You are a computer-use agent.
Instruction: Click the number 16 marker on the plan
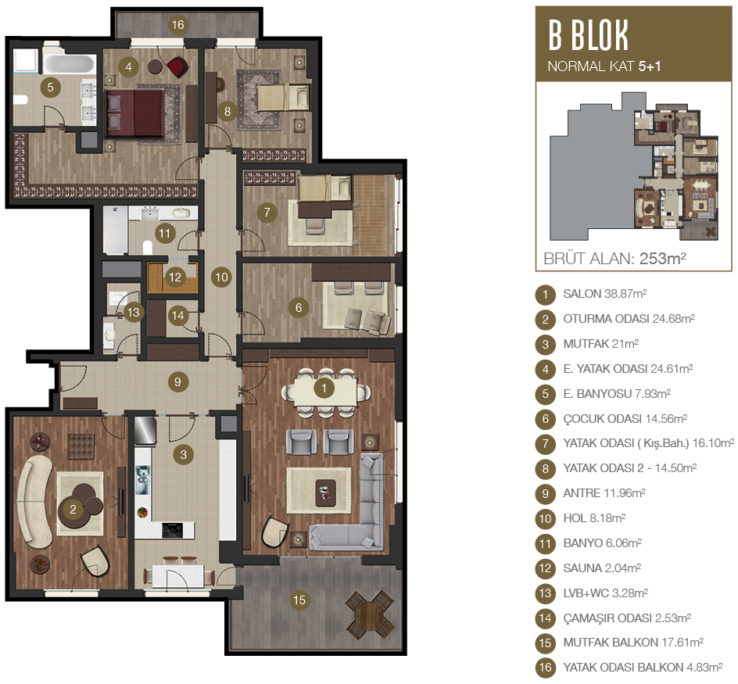pos(178,24)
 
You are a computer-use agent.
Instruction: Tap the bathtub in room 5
pos(69,64)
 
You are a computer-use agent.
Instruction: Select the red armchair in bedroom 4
pos(177,66)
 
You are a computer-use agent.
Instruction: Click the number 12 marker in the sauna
pos(175,278)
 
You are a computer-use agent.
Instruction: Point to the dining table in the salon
pos(326,392)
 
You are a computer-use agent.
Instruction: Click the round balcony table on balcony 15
pos(370,615)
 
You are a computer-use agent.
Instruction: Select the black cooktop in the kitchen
pos(172,530)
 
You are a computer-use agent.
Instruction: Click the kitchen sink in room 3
pos(142,480)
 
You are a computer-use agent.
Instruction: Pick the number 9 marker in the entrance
pos(177,381)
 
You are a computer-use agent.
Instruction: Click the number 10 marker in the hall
pos(222,278)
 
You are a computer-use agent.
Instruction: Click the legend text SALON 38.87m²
pos(605,294)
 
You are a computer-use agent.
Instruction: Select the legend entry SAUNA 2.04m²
pos(602,568)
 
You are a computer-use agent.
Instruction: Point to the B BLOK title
pos(589,35)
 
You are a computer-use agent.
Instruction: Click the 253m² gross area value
pos(663,259)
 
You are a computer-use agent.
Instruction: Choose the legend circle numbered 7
pos(546,444)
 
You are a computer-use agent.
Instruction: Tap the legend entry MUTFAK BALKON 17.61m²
pos(633,643)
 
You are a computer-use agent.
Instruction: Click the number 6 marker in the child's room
pos(299,308)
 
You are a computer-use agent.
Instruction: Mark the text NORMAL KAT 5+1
pos(604,66)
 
